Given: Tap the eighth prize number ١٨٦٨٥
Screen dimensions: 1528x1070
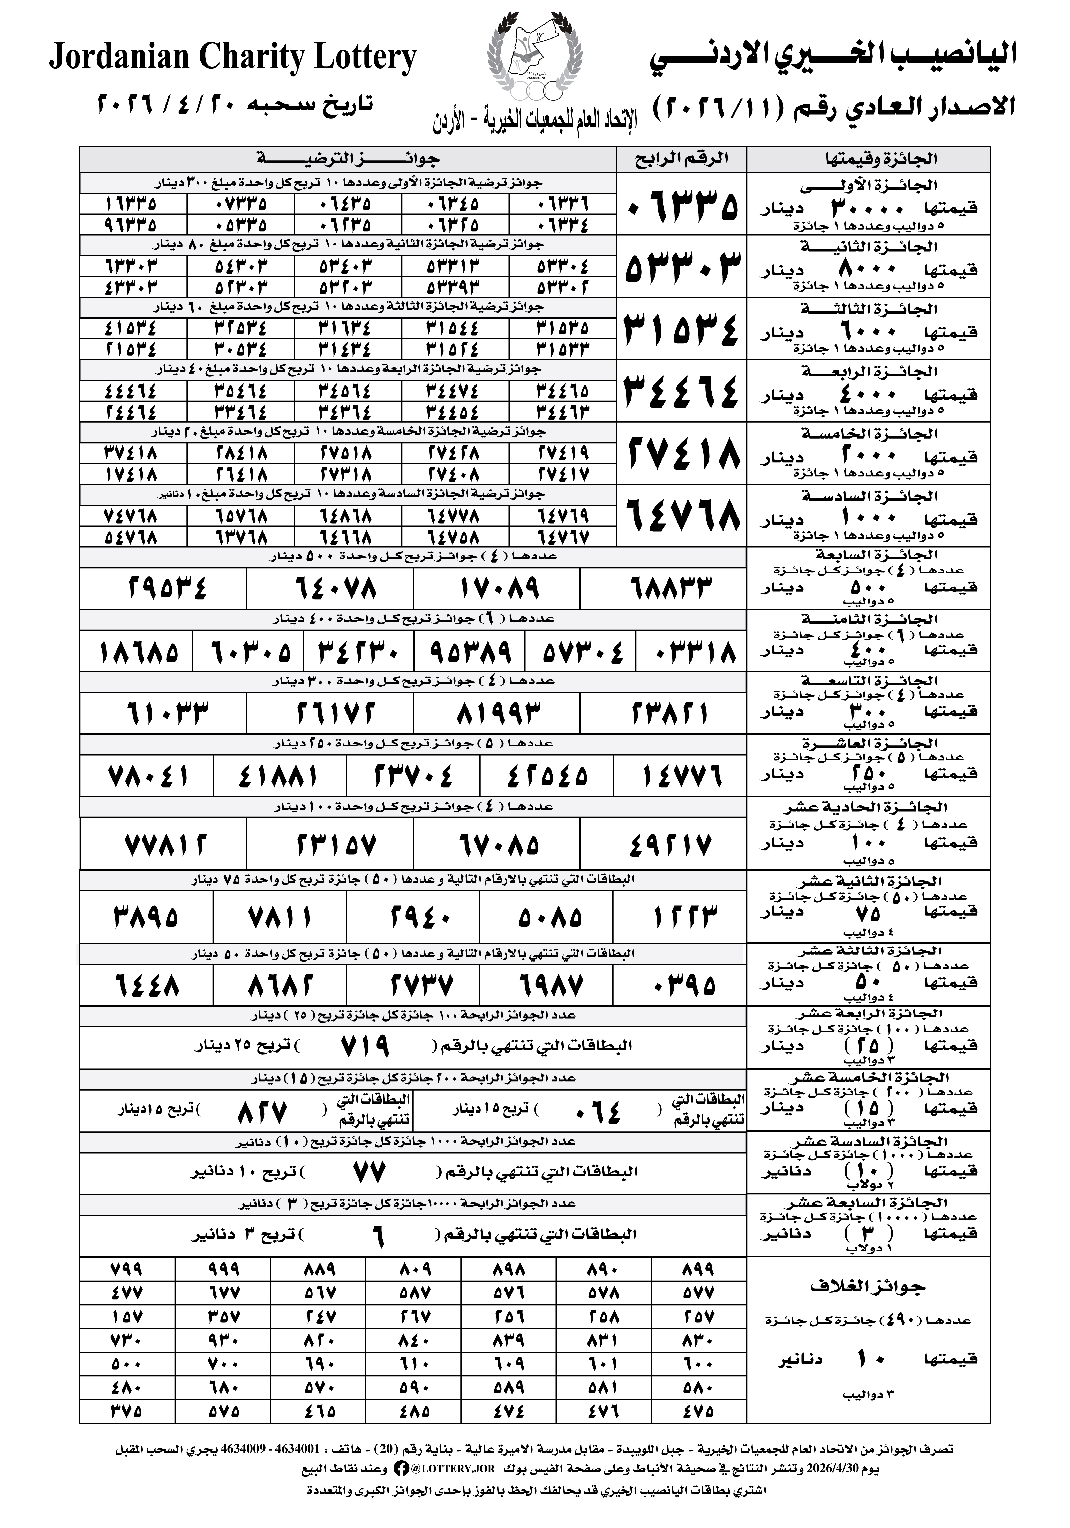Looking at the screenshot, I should click(138, 652).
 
